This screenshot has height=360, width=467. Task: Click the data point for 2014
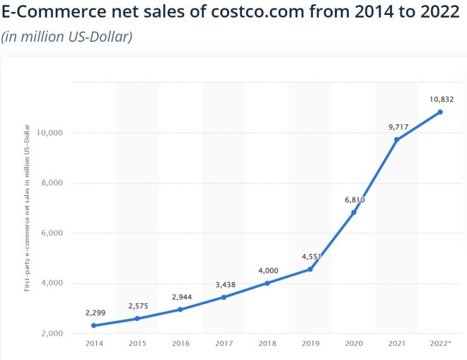pyautogui.click(x=94, y=325)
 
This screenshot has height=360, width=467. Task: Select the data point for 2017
pyautogui.click(x=224, y=297)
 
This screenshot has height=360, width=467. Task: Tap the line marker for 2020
pyautogui.click(x=354, y=212)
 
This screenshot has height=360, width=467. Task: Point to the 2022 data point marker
pyautogui.click(x=440, y=112)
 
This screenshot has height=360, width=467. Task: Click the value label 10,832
pyautogui.click(x=440, y=99)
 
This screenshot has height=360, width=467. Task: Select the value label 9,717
pyautogui.click(x=397, y=127)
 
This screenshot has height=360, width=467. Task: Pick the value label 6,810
pyautogui.click(x=354, y=199)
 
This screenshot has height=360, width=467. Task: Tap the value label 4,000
pyautogui.click(x=267, y=270)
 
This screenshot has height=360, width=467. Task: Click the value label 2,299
pyautogui.click(x=94, y=313)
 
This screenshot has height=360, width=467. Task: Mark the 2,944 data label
pyautogui.click(x=180, y=296)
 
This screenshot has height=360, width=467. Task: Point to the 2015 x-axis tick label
pyautogui.click(x=137, y=344)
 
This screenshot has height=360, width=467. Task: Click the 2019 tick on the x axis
pyautogui.click(x=311, y=344)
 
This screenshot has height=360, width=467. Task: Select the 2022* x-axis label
pyautogui.click(x=440, y=344)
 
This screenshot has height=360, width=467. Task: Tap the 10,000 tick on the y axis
pyautogui.click(x=50, y=133)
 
